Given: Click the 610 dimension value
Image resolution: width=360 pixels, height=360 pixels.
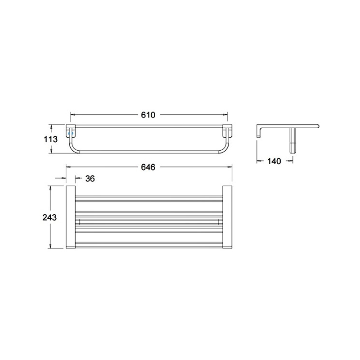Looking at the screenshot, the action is click(148, 115).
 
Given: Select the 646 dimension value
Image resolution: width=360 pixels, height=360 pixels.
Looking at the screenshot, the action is click(148, 167).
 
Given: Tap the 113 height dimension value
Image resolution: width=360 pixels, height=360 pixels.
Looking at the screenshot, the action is click(51, 139).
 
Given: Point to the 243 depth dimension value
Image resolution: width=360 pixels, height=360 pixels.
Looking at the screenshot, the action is click(49, 217).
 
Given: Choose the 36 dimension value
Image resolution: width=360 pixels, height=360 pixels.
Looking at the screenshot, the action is click(90, 178).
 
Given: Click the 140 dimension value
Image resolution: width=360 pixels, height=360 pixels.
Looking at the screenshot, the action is click(274, 161).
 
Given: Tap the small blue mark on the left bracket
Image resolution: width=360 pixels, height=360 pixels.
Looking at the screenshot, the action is click(71, 133).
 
